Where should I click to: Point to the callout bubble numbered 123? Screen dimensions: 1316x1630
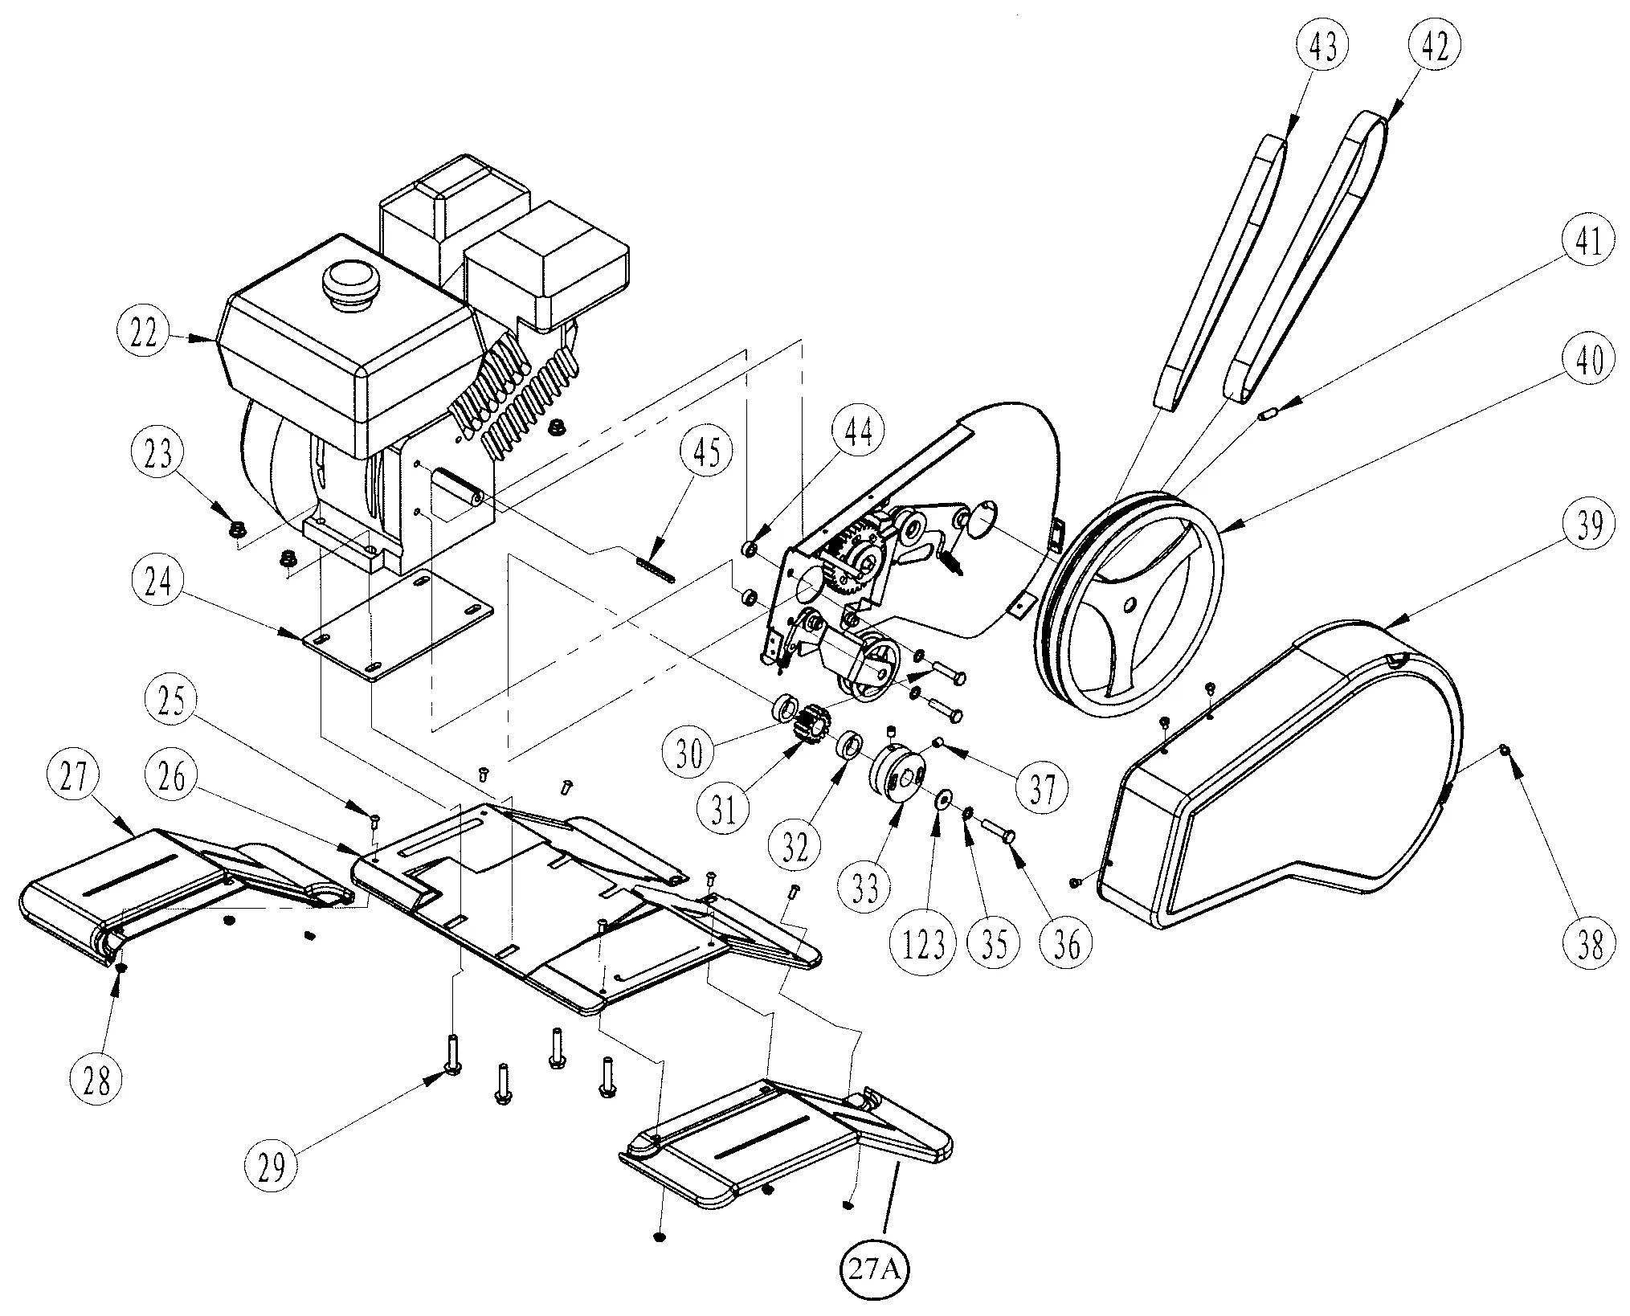(x=925, y=945)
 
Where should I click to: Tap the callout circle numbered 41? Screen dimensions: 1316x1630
(x=1587, y=242)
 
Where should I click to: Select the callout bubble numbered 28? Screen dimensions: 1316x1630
(x=98, y=1082)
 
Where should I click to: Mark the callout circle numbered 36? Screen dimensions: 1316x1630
(x=1066, y=945)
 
